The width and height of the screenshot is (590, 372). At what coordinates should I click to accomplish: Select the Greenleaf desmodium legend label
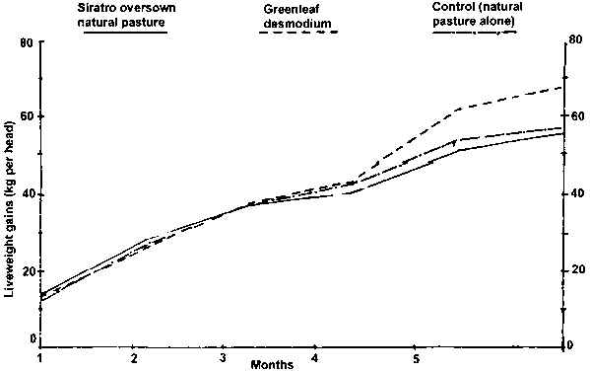click(297, 16)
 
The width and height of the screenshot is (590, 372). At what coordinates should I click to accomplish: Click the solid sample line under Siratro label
click(125, 33)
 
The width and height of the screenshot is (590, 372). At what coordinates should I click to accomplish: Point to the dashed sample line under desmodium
click(298, 32)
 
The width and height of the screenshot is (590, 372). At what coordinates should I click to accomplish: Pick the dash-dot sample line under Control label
click(474, 33)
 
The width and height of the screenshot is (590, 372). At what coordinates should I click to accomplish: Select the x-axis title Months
click(272, 364)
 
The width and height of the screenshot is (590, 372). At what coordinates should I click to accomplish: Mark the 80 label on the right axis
click(577, 39)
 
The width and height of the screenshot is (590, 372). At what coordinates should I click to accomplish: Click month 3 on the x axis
click(223, 357)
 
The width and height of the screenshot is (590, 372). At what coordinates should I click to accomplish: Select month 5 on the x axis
click(416, 358)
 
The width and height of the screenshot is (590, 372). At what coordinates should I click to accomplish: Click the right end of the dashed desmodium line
click(562, 87)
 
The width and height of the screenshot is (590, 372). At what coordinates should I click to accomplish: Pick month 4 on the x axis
click(314, 357)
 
